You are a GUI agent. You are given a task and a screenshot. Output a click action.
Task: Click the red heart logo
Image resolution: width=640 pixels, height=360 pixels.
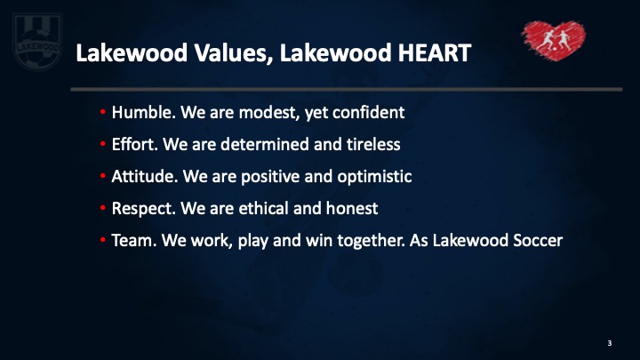(x=554, y=40)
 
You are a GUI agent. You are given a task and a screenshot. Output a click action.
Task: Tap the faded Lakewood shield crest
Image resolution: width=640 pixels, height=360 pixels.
(x=37, y=42)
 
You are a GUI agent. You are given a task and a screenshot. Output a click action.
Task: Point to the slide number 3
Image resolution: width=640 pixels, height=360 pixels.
(x=610, y=343)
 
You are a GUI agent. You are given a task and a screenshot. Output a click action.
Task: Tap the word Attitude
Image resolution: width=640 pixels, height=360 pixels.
(x=145, y=176)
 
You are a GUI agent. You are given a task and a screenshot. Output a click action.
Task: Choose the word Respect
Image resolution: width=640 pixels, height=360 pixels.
(x=144, y=209)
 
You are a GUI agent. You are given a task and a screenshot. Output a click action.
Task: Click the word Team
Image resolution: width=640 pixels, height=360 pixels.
(x=134, y=240)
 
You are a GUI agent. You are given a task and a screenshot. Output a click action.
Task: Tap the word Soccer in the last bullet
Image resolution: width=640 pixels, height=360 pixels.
(x=538, y=240)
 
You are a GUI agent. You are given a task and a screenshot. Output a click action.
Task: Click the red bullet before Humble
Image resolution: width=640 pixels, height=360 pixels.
(x=102, y=111)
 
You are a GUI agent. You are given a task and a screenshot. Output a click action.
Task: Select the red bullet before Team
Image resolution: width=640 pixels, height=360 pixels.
(x=102, y=240)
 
